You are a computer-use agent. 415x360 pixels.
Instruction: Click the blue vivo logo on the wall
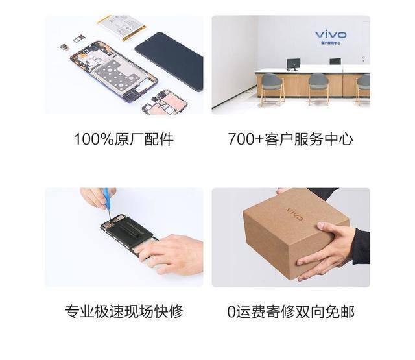331,34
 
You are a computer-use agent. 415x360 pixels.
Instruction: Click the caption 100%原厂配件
124,139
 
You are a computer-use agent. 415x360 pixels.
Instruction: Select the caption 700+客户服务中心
290,139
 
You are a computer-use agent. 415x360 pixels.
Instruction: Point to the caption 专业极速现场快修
124,311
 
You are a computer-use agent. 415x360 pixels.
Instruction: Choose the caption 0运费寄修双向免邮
290,311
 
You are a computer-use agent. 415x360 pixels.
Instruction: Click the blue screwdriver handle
106,195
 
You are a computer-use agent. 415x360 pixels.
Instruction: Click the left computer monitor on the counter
293,64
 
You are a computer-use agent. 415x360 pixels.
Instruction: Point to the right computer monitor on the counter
335,62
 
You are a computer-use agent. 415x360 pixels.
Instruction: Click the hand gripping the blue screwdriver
94,198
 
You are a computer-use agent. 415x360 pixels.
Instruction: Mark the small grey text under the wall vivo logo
331,43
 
